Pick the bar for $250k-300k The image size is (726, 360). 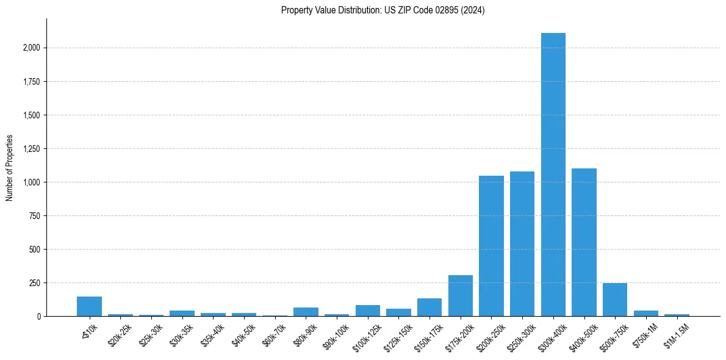pos(522,244)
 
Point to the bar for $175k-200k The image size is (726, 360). pos(461,296)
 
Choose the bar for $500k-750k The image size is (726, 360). pos(615,300)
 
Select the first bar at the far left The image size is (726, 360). pos(89,306)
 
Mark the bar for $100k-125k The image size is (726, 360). pos(368,311)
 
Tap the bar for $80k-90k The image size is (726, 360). pos(306,312)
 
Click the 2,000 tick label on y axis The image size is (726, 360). pos(31,48)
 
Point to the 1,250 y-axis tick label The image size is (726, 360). pos(31,149)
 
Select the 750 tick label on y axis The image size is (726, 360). pos(35,216)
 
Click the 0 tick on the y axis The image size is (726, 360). pos(39,317)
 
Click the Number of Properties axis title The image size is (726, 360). pos(9,168)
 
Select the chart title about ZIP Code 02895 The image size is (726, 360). pos(383,10)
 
